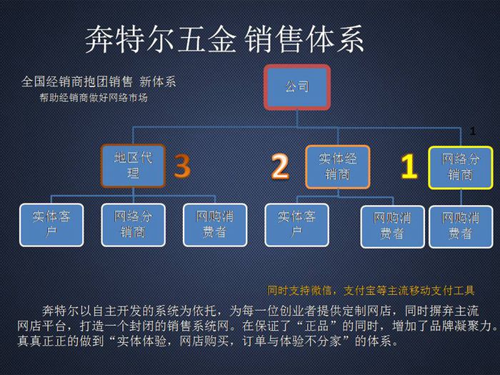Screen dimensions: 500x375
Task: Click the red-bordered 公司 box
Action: [x=297, y=87]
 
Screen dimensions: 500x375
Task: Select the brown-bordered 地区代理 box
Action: [x=133, y=166]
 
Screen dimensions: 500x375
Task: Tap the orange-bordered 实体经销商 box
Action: [x=337, y=166]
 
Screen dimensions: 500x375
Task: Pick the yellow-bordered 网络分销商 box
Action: [x=461, y=167]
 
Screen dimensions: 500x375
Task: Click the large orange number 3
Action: [x=182, y=166]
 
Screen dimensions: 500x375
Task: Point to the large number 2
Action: [x=280, y=166]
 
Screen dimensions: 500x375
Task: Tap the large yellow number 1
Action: [x=409, y=166]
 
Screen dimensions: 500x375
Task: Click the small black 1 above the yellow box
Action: [x=473, y=131]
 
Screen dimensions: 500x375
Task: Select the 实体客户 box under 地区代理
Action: [x=51, y=225]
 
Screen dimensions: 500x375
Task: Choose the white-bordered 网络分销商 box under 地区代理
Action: [x=133, y=225]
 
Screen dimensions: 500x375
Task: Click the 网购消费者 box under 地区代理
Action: [x=215, y=225]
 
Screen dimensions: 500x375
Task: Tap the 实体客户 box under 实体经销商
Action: [x=296, y=225]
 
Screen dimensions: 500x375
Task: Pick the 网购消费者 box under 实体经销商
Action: [x=392, y=226]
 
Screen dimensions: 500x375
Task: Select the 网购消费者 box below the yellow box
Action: [x=461, y=226]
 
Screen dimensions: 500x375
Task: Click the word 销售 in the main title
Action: [x=274, y=39]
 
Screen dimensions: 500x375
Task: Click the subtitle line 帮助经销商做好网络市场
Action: [x=94, y=97]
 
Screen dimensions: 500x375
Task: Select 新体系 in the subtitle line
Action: [x=158, y=82]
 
